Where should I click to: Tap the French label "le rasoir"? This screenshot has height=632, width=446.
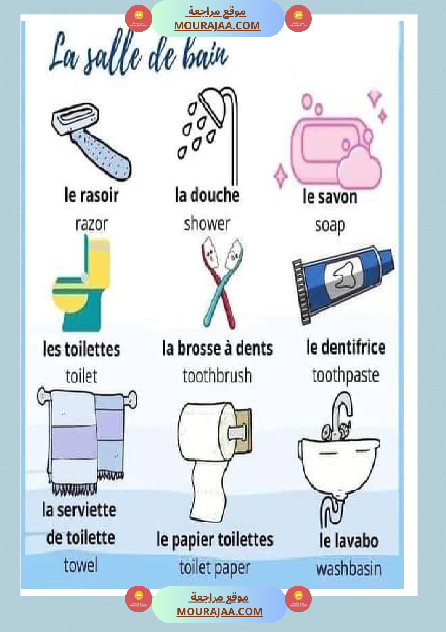(x=91, y=196)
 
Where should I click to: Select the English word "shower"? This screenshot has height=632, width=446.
(x=207, y=223)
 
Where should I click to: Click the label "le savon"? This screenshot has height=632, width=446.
(x=330, y=197)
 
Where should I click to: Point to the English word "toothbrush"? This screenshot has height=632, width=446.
(x=217, y=375)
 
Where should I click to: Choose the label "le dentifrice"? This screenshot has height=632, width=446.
(x=346, y=347)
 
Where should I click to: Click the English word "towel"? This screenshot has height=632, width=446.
(x=81, y=565)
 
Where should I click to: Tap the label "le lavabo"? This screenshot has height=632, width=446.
(x=349, y=541)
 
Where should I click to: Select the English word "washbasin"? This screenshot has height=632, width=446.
(x=349, y=569)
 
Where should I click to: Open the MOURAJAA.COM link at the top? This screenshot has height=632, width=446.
(x=217, y=25)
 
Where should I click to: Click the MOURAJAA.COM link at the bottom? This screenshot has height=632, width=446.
(x=219, y=611)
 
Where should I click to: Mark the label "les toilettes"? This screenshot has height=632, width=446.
(x=82, y=349)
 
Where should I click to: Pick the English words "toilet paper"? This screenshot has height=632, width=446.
(x=215, y=567)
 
